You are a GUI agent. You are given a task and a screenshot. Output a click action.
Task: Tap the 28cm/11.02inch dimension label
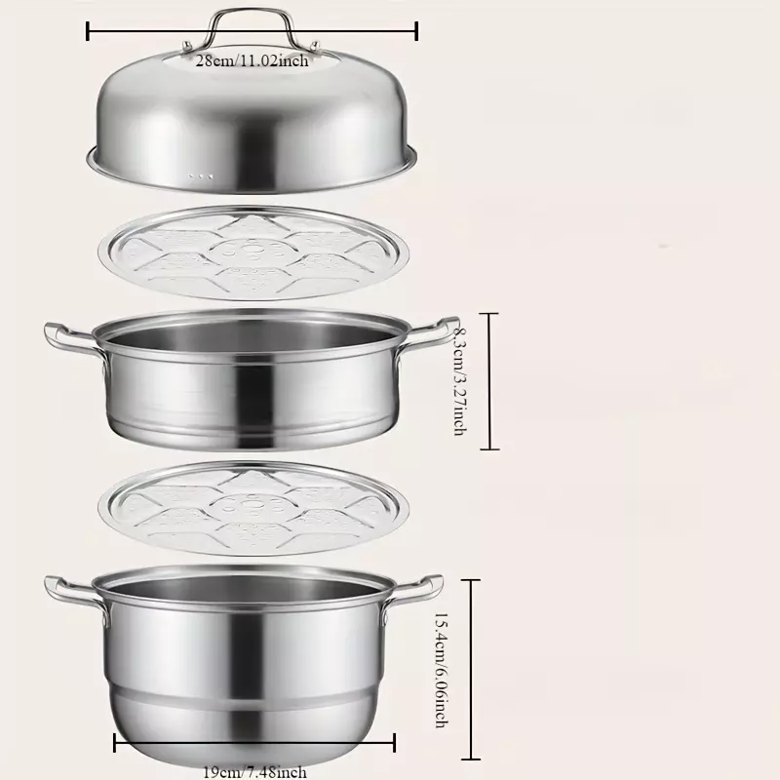click(x=252, y=60)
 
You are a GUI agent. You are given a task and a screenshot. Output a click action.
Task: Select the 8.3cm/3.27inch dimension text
click(x=460, y=381)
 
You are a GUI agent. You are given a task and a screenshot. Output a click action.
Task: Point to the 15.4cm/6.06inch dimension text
click(x=442, y=670)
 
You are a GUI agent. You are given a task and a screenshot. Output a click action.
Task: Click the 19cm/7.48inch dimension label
click(x=254, y=772)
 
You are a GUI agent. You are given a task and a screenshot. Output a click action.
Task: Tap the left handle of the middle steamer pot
click(x=72, y=339)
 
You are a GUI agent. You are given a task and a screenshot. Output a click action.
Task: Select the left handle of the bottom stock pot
click(x=74, y=593)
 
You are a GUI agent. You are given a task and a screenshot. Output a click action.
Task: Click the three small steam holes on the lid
click(x=201, y=176)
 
